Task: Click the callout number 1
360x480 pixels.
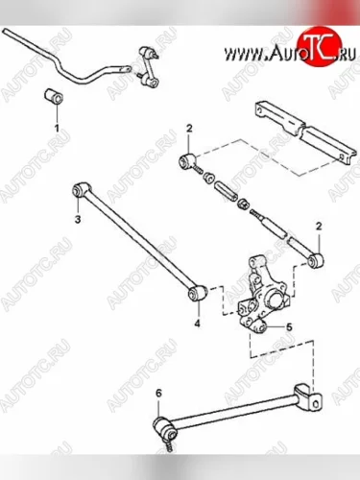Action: [x=57, y=129]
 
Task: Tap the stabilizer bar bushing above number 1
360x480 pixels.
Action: [x=54, y=96]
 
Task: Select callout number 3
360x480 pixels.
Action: [x=78, y=220]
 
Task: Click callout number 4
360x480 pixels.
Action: [x=198, y=324]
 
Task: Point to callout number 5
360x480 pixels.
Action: [x=289, y=326]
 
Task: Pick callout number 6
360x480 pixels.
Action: [x=159, y=393]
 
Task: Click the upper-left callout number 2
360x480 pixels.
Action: [x=189, y=129]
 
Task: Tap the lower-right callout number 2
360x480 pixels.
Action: [x=319, y=227]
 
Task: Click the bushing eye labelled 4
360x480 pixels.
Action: [x=197, y=293]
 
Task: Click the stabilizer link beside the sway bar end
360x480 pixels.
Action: [x=149, y=67]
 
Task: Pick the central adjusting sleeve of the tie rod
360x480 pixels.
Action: [x=226, y=191]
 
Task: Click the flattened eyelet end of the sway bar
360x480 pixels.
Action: [x=123, y=69]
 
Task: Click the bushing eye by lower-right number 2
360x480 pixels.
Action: [x=316, y=260]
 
